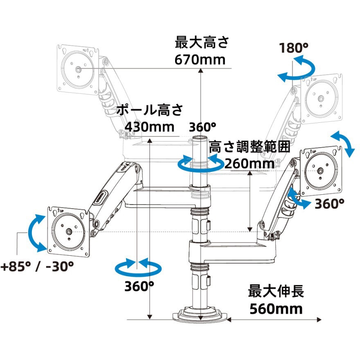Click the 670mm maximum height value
200,60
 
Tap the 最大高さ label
202,43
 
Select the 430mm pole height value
149,127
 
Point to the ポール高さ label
150,110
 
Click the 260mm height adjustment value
249,164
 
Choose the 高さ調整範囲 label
249,146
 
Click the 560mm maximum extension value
276,309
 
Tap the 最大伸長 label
276,291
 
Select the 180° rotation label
294,48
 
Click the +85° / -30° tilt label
37,267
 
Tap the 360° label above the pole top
202,127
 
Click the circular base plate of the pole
200,316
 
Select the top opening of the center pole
199,138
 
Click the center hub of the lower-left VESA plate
69,232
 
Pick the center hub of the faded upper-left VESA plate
78,69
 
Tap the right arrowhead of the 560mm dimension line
319,319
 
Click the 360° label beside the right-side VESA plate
329,204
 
